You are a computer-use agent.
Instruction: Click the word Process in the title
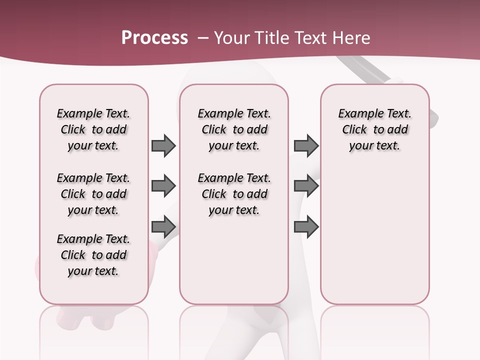[154, 37]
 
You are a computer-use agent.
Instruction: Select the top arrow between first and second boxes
[163, 145]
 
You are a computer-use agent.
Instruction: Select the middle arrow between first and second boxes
[163, 186]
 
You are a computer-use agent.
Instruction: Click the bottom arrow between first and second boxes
[163, 227]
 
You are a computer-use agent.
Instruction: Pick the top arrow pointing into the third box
[305, 145]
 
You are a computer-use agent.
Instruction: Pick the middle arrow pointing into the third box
[305, 186]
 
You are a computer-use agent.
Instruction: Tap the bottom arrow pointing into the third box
[305, 227]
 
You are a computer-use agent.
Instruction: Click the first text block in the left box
[93, 129]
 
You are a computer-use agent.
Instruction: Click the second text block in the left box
[93, 194]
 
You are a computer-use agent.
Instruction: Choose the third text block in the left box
[93, 255]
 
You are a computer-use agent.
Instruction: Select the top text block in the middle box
[234, 129]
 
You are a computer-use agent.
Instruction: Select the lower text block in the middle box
[234, 194]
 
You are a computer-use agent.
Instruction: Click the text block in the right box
[374, 129]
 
